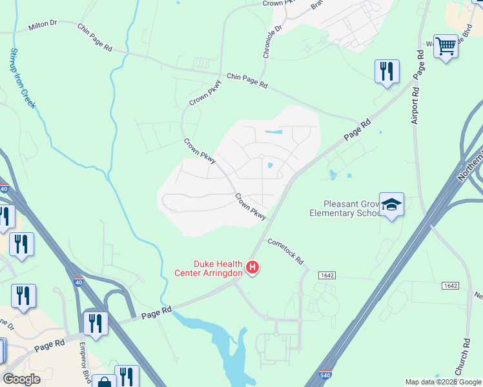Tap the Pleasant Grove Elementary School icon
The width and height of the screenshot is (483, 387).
(x=391, y=204)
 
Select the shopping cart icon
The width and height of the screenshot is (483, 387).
(x=446, y=46)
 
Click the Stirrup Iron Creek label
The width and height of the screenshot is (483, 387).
(x=23, y=78)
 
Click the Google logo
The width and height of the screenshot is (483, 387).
(x=21, y=379)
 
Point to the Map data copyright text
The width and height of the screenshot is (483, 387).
(x=442, y=382)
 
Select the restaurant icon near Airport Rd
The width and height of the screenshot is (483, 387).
(x=387, y=71)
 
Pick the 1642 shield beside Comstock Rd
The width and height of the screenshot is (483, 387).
(x=327, y=275)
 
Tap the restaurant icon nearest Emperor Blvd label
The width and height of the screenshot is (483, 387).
(x=96, y=324)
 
